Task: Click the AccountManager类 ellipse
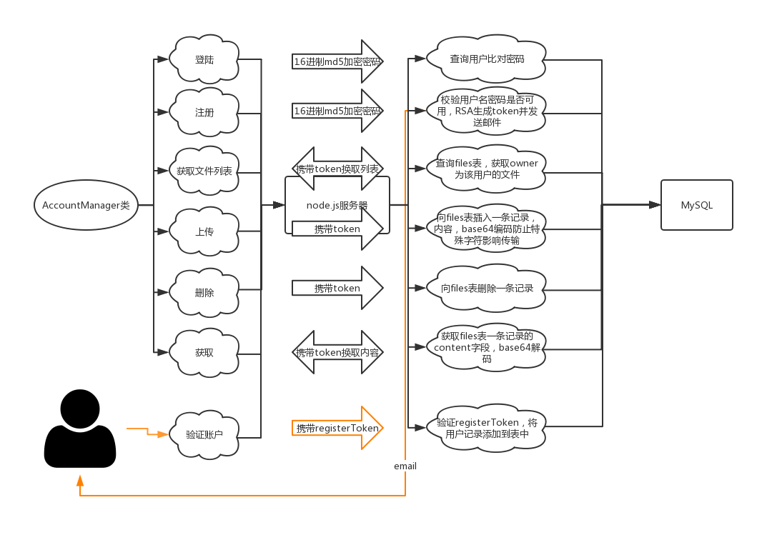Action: click(x=85, y=205)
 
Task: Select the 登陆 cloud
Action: click(x=204, y=60)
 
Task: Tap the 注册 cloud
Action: click(x=204, y=113)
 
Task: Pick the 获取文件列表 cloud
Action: click(x=204, y=171)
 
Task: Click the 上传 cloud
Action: click(x=204, y=232)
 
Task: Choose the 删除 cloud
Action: click(x=204, y=293)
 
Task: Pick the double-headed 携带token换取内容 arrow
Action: click(x=337, y=352)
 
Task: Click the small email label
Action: click(x=405, y=466)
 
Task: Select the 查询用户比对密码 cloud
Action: click(x=487, y=59)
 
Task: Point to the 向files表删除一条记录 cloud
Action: click(x=487, y=289)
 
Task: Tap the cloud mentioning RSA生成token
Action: click(x=487, y=111)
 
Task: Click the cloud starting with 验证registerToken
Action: click(x=487, y=428)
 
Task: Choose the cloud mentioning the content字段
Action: click(x=487, y=347)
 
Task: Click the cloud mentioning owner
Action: click(x=487, y=169)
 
